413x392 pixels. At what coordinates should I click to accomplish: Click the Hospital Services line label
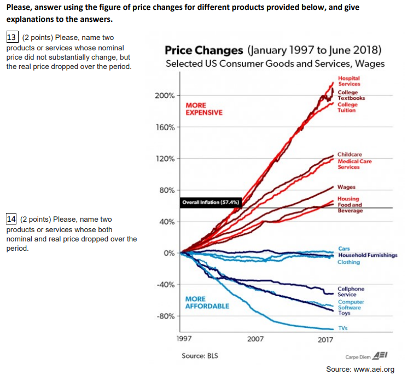(349, 81)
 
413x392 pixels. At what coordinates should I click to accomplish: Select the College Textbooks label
(351, 95)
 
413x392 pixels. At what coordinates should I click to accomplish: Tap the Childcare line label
(350, 155)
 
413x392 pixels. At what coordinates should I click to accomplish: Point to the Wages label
(346, 187)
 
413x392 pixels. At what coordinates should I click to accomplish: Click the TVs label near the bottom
(342, 328)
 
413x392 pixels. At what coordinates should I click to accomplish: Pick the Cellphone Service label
(351, 291)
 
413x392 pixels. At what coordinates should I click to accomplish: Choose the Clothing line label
(348, 262)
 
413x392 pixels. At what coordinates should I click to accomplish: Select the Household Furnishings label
(368, 256)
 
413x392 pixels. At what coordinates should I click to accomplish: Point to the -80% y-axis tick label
(165, 316)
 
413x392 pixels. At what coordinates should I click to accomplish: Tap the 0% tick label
(168, 253)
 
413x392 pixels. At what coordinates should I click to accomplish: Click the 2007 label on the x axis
(255, 339)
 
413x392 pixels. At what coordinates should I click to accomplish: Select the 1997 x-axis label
(184, 339)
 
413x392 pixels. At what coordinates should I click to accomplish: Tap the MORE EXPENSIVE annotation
(204, 108)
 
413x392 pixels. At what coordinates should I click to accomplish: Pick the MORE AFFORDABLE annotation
(207, 302)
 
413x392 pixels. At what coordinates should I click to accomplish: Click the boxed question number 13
(12, 37)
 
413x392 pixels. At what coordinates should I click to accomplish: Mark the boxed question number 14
(12, 220)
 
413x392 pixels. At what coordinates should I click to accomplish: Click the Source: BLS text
(200, 356)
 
